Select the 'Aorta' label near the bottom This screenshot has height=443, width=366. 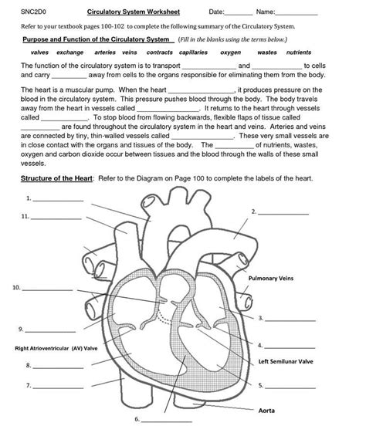[x=266, y=410]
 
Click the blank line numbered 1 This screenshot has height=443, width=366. [x=59, y=200]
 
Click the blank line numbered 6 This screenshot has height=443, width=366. [x=166, y=421]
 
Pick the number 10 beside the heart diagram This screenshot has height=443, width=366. [x=15, y=288]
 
